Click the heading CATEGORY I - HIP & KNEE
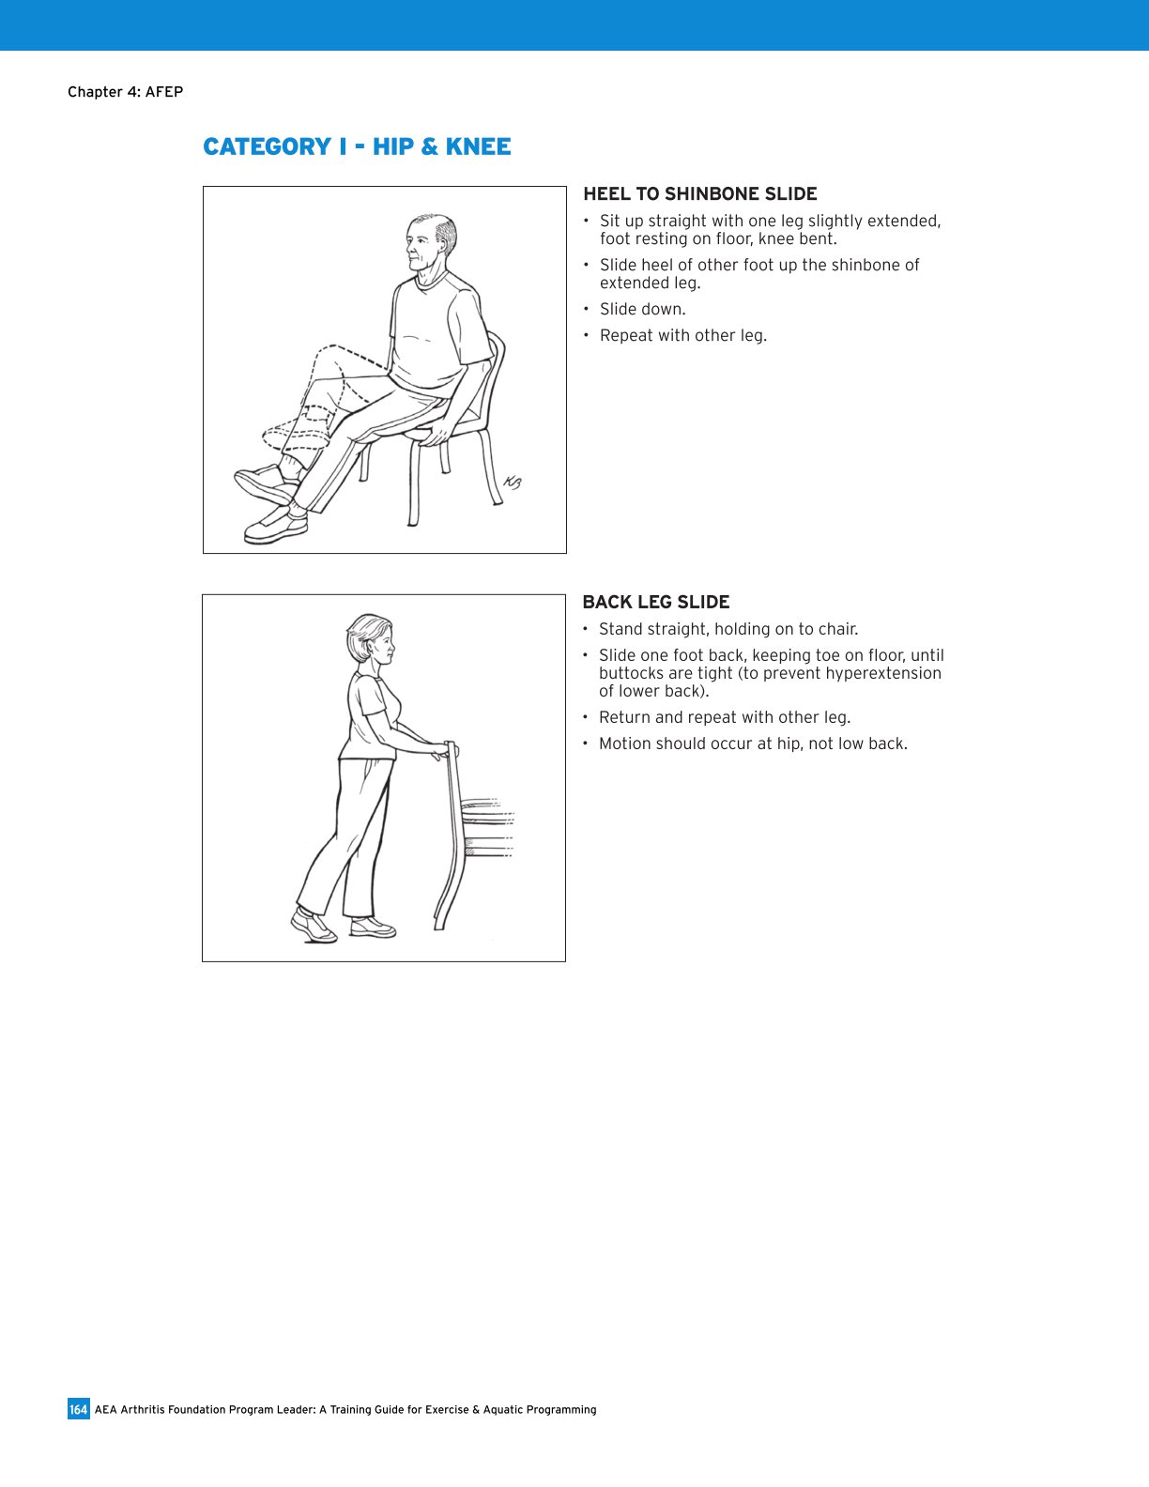tap(357, 147)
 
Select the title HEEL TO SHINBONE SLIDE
tap(699, 194)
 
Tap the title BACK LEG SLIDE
tap(655, 603)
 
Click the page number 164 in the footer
tap(78, 1409)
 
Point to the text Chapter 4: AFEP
tap(125, 92)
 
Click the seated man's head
tap(431, 242)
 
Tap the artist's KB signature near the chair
tap(512, 483)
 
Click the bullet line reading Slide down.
tap(642, 310)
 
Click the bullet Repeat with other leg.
tap(682, 336)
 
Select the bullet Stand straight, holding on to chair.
tap(728, 630)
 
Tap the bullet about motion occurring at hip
tap(752, 744)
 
